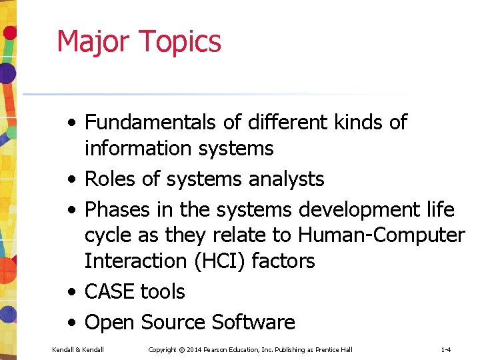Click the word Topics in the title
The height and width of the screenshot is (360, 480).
coord(180,42)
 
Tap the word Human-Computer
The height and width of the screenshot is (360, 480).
coord(381,235)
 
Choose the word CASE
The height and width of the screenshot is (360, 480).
coord(111,291)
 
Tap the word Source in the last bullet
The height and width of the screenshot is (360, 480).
coord(171,323)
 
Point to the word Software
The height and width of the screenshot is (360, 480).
coord(253,323)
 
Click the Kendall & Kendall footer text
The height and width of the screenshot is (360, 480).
coord(78,349)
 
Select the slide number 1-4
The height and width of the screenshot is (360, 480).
coord(446,349)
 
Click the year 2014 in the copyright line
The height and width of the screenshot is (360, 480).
coord(195,349)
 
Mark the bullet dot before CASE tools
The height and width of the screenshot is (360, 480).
coord(70,292)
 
